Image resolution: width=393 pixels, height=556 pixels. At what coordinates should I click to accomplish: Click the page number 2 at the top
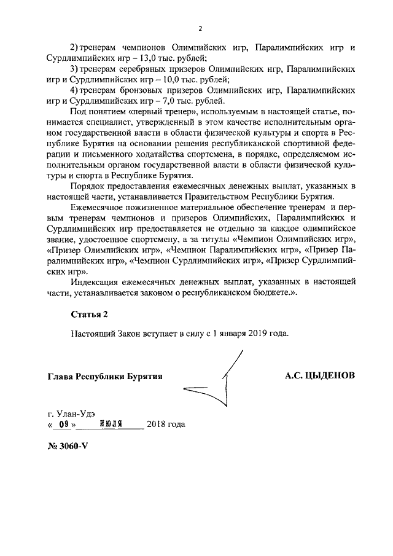pos(200,28)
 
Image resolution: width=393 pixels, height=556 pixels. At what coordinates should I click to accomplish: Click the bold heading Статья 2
pos(89,315)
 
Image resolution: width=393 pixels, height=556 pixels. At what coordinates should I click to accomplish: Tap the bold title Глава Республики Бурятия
pos(104,376)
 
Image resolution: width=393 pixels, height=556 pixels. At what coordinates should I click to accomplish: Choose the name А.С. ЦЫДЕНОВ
pos(319,375)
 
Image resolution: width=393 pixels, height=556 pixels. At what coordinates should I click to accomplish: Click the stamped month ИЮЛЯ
pos(112,424)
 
